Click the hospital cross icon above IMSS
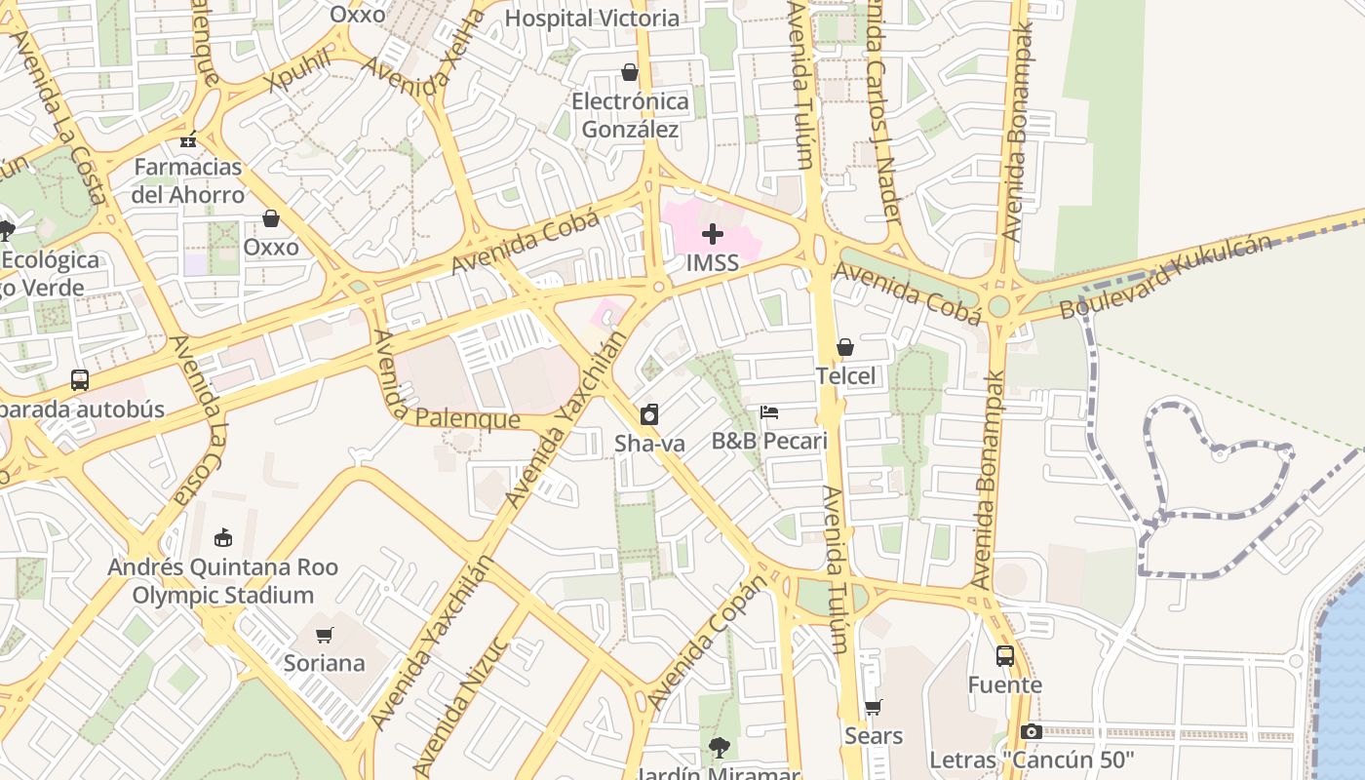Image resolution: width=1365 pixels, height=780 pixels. pos(713,234)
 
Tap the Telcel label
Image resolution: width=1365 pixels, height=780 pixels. pos(845,376)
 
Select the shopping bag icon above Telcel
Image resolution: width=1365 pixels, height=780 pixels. pos(845,347)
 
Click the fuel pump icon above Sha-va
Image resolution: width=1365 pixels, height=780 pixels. pos(649,414)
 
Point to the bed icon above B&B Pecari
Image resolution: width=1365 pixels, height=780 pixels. pos(769,412)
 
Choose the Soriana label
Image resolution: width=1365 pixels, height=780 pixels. pos(324,664)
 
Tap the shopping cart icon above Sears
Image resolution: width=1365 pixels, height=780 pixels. pos(874,707)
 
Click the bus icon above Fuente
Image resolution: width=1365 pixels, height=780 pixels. pos(1004,656)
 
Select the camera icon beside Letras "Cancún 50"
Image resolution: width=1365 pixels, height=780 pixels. pos(1031,731)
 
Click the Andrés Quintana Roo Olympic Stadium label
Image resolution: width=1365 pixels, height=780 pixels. pos(223,581)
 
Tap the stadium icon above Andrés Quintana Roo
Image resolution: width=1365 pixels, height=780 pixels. pos(223,537)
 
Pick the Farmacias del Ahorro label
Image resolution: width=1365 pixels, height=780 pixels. pos(189,180)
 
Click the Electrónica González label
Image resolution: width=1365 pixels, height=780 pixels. pos(630,115)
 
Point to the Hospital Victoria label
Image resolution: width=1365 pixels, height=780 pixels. pos(592,19)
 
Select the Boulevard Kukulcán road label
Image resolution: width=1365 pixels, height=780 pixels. pos(1166,276)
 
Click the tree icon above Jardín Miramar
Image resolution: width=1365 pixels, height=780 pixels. pos(720,748)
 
